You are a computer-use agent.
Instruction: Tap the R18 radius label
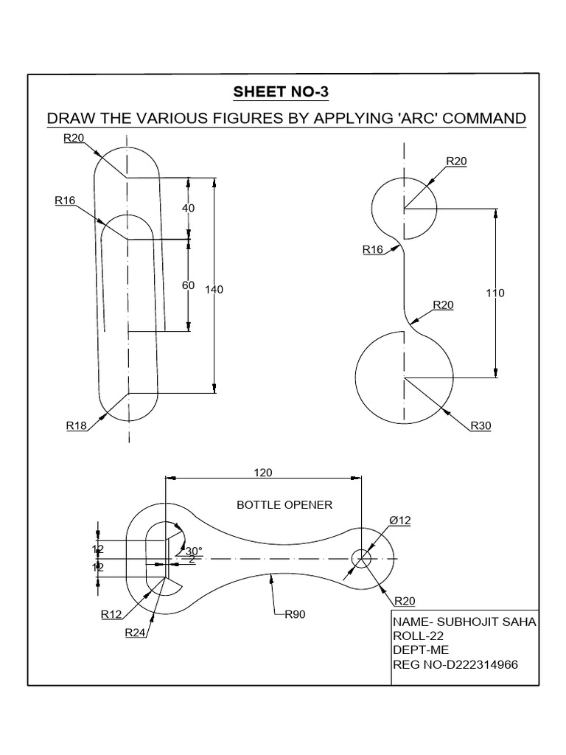tap(77, 425)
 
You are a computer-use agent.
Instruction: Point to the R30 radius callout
tap(481, 425)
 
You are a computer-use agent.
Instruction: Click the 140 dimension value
tap(214, 290)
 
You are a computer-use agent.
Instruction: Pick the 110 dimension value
tap(495, 293)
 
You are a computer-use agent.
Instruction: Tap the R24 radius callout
tap(136, 632)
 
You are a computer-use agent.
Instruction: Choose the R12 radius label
tap(112, 613)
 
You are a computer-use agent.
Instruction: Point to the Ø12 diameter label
tap(399, 520)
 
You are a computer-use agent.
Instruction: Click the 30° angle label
tap(194, 550)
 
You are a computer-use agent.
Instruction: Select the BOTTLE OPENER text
tap(284, 505)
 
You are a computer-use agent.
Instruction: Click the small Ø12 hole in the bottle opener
tap(361, 558)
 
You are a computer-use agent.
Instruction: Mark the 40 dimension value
tap(188, 208)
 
